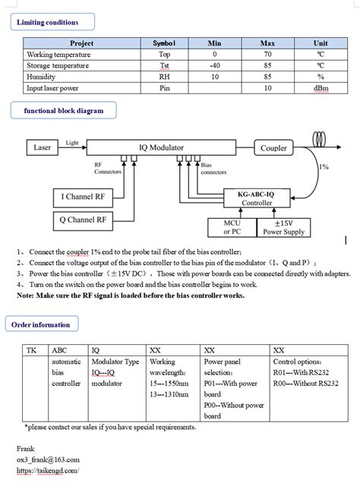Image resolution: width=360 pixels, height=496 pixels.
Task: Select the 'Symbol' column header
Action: tap(163, 44)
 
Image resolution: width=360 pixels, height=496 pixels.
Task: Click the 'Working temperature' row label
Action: tap(60, 55)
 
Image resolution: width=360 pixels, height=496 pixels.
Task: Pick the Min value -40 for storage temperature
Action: tap(214, 65)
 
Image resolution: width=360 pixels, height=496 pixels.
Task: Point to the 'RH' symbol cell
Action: tap(163, 76)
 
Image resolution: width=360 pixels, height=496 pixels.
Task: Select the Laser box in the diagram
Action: tap(43, 147)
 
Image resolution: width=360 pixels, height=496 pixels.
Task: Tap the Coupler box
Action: tap(273, 148)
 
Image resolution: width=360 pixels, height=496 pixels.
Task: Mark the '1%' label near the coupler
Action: tap(325, 166)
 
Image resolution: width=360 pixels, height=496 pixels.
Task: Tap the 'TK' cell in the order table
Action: tap(32, 351)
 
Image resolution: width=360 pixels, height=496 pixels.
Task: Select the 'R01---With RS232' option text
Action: tap(300, 373)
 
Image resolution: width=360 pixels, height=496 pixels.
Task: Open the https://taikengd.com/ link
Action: tap(47, 471)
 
